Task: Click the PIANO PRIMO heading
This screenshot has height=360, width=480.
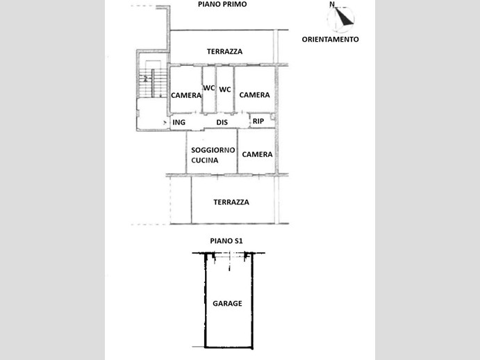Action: [222, 4]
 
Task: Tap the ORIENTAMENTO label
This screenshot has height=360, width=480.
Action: [330, 39]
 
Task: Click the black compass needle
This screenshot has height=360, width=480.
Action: [344, 17]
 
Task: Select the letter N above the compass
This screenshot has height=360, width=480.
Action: [332, 4]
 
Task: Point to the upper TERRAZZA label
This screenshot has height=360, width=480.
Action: [224, 51]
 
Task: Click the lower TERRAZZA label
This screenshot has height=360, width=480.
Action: [231, 202]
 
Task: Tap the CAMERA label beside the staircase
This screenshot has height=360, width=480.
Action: [186, 96]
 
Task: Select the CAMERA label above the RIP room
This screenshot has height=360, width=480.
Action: [254, 95]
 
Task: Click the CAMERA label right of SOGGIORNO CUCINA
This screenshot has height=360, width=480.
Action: [257, 154]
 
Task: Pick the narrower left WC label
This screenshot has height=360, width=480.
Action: [209, 88]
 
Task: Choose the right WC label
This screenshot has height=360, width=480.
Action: [225, 90]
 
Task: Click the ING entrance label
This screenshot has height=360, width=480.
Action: [179, 122]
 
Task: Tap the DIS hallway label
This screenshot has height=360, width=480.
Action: [222, 122]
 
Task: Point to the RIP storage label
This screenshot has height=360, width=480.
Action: [258, 122]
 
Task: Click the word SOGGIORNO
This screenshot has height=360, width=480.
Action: [213, 150]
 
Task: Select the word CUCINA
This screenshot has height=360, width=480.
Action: [205, 161]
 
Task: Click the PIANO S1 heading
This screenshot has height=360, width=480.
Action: [226, 241]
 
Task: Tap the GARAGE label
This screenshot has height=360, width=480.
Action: [227, 303]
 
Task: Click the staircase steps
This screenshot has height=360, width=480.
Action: [153, 83]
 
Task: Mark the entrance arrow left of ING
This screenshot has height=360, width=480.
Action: [165, 123]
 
